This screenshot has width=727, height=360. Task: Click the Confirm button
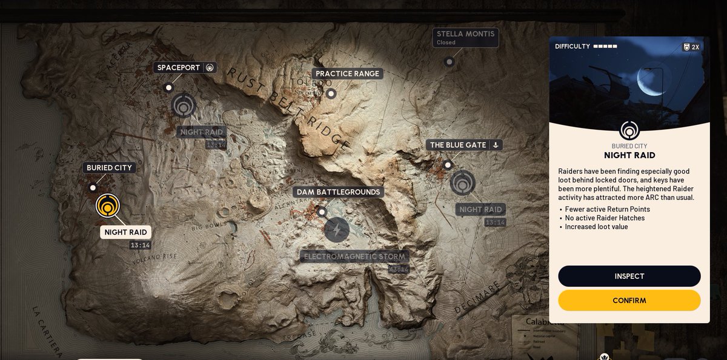point(629,301)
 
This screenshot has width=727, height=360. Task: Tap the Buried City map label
point(109,168)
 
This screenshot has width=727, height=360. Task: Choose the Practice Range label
point(347,74)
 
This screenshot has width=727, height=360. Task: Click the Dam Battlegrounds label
point(338,192)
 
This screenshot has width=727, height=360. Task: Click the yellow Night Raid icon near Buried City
point(108,206)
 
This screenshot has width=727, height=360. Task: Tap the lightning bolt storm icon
point(337,230)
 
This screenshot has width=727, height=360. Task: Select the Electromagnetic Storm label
point(354,256)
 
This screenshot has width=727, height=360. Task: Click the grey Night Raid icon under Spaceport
point(183,105)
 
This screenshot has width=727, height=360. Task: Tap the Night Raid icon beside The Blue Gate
point(463,183)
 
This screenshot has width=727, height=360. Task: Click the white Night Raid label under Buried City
point(125,232)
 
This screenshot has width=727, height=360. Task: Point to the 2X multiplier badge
point(691,47)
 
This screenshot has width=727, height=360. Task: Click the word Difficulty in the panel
point(572,47)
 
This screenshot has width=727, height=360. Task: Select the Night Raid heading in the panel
point(629,156)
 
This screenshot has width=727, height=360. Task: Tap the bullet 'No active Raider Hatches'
point(605,218)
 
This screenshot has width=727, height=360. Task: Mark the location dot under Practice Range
point(331,93)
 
